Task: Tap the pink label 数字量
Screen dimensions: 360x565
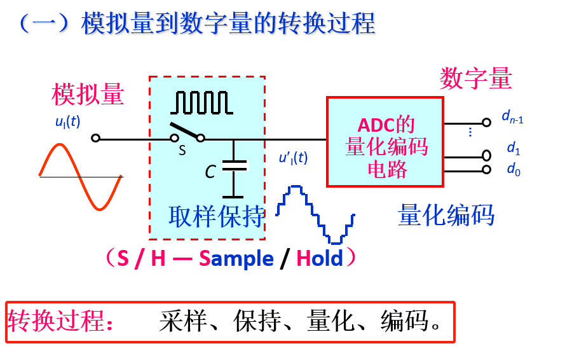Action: [x=475, y=79]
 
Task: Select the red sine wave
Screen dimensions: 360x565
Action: [x=81, y=176]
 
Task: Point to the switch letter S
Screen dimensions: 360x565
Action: [x=182, y=151]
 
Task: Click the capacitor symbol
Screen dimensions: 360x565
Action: [x=234, y=165]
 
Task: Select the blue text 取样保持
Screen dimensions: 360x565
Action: [x=216, y=217]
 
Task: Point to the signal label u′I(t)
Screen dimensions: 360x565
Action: [x=293, y=158]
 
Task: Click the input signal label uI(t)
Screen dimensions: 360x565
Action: [x=67, y=121]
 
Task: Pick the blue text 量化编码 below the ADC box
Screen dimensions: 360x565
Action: [x=446, y=216]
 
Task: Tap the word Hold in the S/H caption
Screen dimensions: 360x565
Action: [x=320, y=258]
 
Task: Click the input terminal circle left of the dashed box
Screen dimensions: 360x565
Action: [x=95, y=137]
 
